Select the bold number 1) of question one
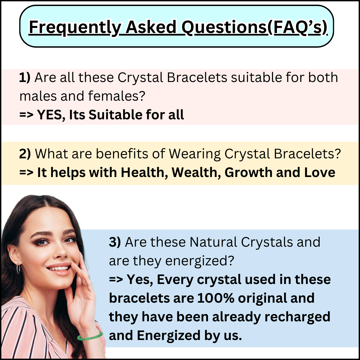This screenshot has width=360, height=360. [x=25, y=77]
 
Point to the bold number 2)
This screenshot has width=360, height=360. [x=25, y=154]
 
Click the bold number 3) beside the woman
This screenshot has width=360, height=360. [x=115, y=242]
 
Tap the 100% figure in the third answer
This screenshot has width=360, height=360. [x=216, y=298]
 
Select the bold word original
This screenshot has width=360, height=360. [x=262, y=298]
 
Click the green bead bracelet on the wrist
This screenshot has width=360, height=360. [x=90, y=336]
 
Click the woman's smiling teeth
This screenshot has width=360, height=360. [x=59, y=268]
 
